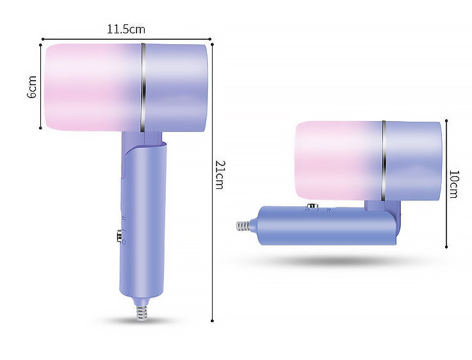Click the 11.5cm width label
point(126,29)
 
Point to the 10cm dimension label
point(453,184)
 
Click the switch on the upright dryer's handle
point(120,236)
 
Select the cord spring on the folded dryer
point(243,226)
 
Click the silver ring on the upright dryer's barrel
point(143,87)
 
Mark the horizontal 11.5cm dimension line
point(77,38)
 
